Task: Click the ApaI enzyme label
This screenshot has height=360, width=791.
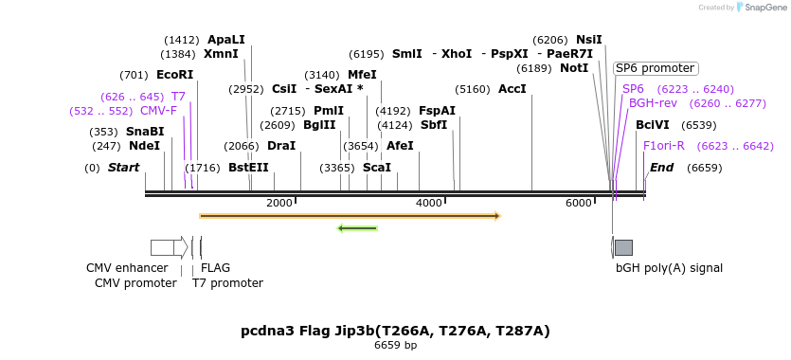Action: (x=225, y=40)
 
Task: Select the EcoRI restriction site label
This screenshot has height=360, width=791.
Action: (x=174, y=75)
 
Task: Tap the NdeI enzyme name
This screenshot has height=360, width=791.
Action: (x=144, y=146)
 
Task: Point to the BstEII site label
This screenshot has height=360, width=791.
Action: (x=248, y=168)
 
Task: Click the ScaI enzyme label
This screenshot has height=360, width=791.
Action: (x=377, y=168)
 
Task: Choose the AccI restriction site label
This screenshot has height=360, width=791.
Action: (x=512, y=90)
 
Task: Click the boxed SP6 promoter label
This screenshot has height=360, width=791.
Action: (x=655, y=68)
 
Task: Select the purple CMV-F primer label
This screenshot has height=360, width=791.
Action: (x=158, y=111)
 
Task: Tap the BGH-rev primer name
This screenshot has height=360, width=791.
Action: (x=653, y=103)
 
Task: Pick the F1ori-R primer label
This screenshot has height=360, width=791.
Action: (x=663, y=146)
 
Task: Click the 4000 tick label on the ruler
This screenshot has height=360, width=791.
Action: (x=429, y=204)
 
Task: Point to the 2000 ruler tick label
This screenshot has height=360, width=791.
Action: (x=279, y=204)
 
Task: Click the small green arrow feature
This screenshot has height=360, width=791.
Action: (x=358, y=227)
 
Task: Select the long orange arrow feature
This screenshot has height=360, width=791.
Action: (x=350, y=216)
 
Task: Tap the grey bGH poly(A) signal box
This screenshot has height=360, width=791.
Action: (x=623, y=247)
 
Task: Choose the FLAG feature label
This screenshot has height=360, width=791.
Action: (x=215, y=268)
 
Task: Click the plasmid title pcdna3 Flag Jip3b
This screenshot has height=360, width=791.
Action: (x=395, y=331)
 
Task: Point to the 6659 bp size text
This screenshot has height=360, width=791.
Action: (x=395, y=346)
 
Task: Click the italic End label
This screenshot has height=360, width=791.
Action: (x=661, y=168)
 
